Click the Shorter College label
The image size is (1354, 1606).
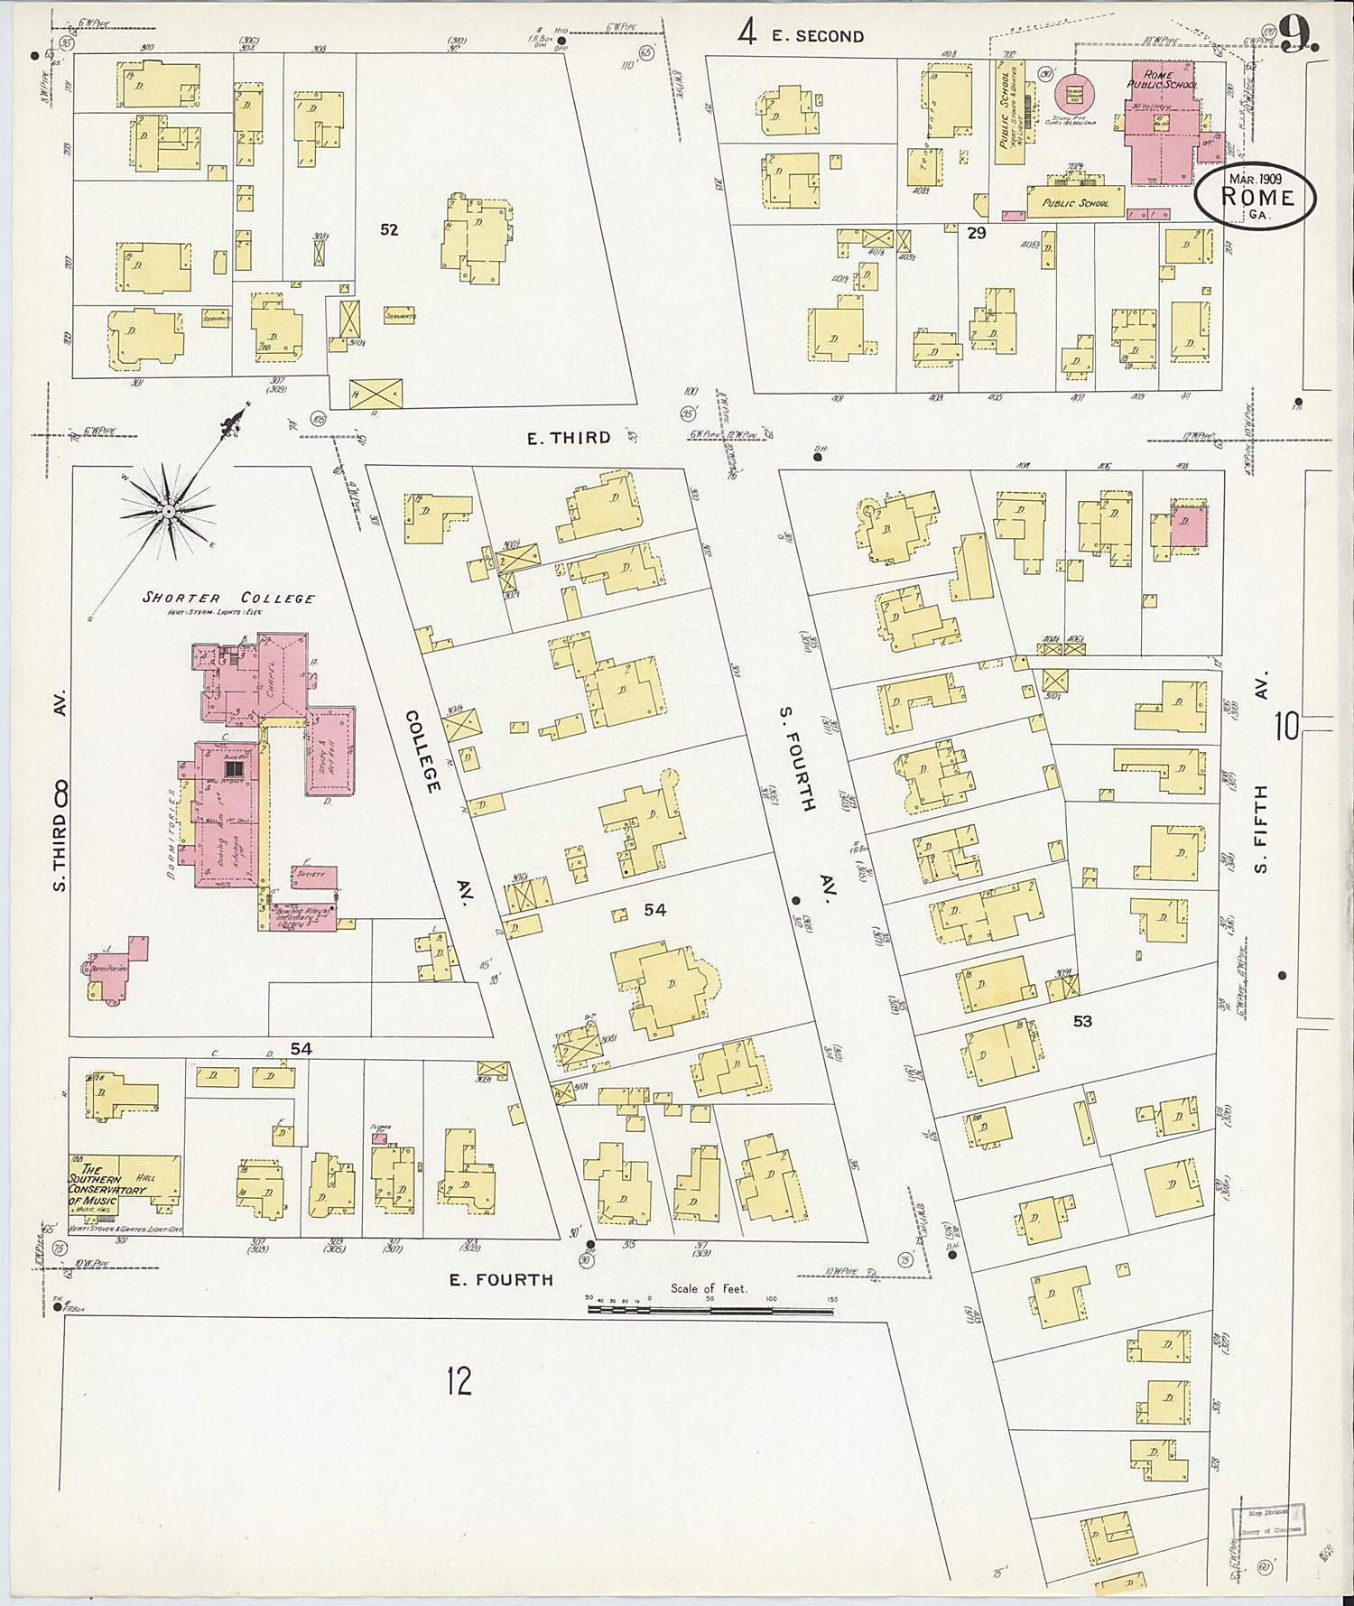pyautogui.click(x=229, y=598)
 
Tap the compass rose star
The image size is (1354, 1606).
pyautogui.click(x=168, y=512)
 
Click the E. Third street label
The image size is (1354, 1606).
pyautogui.click(x=569, y=438)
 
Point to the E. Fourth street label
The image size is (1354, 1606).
pyautogui.click(x=501, y=1279)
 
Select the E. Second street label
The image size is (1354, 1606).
pyautogui.click(x=817, y=36)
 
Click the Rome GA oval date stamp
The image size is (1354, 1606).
pyautogui.click(x=1256, y=197)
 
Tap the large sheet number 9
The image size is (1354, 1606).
pyautogui.click(x=1298, y=36)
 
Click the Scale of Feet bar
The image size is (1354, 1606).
pyautogui.click(x=709, y=1308)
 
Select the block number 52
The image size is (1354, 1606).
pyautogui.click(x=389, y=230)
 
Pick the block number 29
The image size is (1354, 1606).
pyautogui.click(x=977, y=233)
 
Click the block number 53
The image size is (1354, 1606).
pyautogui.click(x=1082, y=1021)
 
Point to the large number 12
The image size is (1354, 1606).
pyautogui.click(x=459, y=1380)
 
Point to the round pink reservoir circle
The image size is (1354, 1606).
pyautogui.click(x=1074, y=92)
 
